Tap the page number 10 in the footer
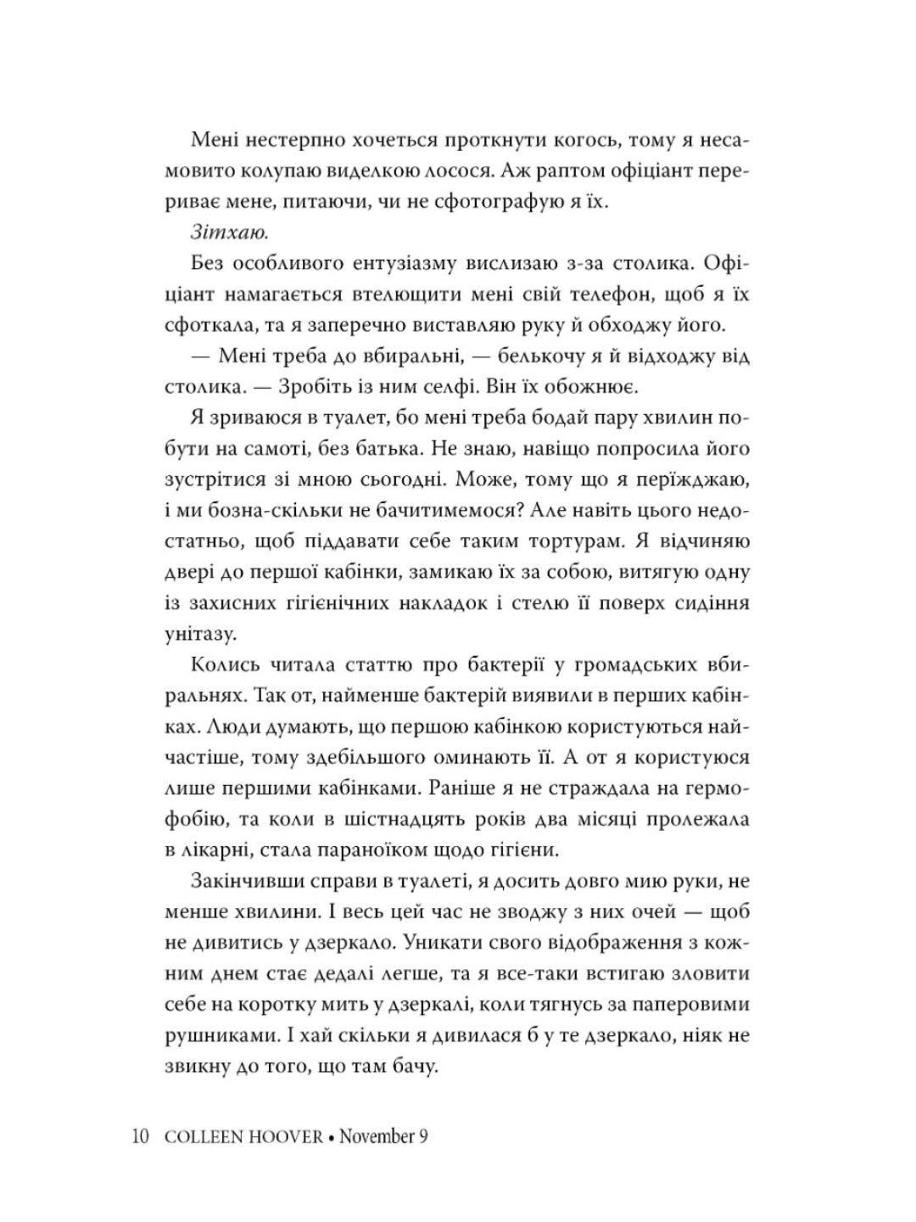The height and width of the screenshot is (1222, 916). (x=142, y=1136)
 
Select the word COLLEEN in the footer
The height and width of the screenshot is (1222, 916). (x=196, y=1136)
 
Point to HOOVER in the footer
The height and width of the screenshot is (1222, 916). (x=282, y=1136)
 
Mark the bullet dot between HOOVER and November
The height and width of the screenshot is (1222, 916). (x=332, y=1137)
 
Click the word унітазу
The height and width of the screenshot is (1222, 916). (x=194, y=633)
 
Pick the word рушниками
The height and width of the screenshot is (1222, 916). (x=209, y=1035)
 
